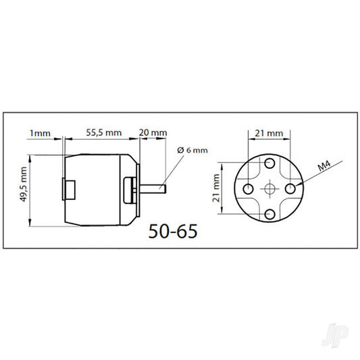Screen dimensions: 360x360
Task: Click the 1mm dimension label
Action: pos(41,133)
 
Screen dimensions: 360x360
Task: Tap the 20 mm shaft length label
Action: pos(153,133)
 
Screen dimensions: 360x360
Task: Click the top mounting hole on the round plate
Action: pos(270,163)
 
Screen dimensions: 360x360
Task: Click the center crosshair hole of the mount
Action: pos(270,188)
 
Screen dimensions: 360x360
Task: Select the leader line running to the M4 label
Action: pos(317,175)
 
